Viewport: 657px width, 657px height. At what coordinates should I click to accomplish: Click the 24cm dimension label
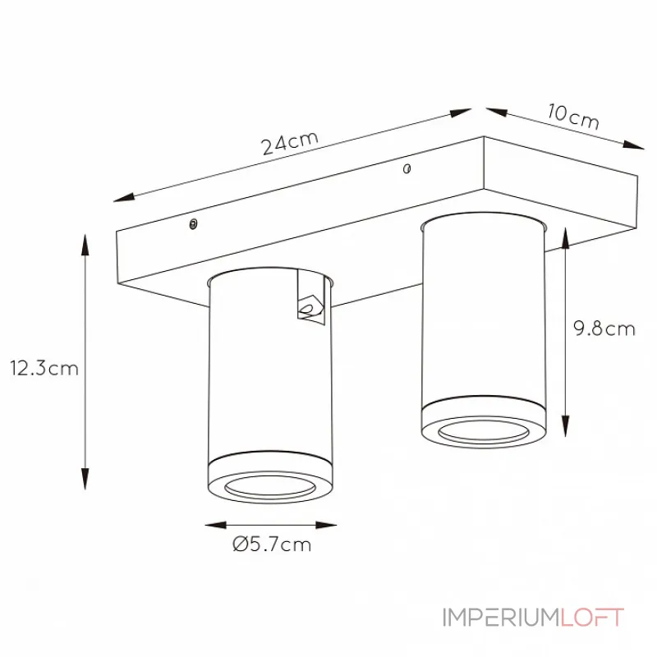click(290, 143)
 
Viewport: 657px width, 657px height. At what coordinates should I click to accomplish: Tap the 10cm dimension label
click(573, 116)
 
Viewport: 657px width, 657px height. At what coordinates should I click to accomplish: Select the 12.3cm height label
click(44, 368)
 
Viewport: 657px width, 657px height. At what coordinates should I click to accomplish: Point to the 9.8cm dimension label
click(604, 328)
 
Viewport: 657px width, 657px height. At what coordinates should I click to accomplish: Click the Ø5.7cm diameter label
click(272, 544)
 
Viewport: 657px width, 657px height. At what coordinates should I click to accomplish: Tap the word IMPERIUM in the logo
click(502, 618)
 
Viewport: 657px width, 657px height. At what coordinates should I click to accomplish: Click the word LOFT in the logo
click(592, 618)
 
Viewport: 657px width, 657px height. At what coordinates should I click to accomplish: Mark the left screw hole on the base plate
click(193, 224)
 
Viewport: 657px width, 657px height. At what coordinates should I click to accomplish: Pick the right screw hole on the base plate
click(407, 168)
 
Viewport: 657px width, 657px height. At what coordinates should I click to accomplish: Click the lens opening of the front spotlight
click(270, 487)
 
